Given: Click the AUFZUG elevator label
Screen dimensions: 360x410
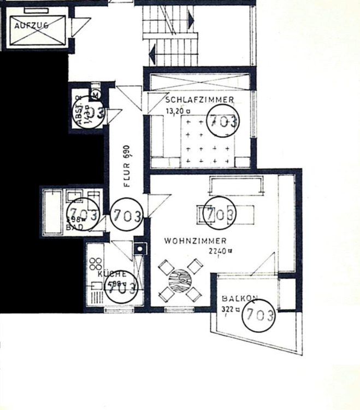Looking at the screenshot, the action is [32, 25].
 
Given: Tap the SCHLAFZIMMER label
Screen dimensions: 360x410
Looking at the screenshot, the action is [199, 99].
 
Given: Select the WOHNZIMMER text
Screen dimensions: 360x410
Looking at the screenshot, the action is [195, 241].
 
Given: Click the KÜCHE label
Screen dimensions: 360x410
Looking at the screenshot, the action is [112, 274].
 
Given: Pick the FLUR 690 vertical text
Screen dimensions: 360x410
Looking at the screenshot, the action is [127, 167].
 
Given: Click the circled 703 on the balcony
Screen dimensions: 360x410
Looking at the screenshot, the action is [258, 315].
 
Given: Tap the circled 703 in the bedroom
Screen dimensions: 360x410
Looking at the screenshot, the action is [223, 121].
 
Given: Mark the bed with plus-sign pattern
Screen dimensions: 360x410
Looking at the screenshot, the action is [208, 141].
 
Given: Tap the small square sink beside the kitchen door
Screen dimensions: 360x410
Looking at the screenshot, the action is [140, 249].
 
